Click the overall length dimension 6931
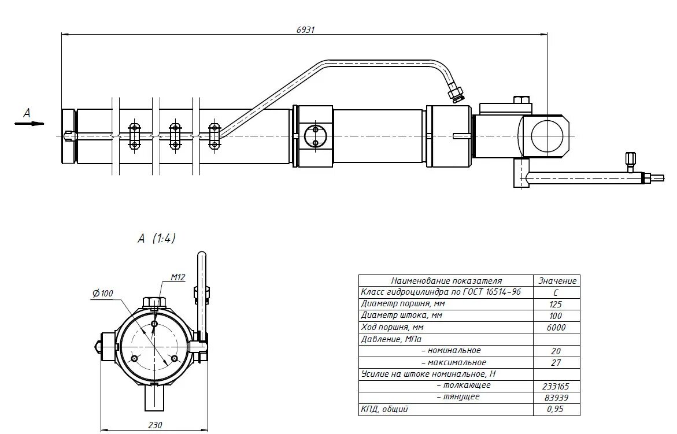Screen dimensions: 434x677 [306, 29]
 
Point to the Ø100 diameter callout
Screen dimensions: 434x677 [102, 294]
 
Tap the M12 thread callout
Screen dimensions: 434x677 [177, 278]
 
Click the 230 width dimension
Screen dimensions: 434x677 [155, 425]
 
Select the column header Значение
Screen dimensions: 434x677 [557, 280]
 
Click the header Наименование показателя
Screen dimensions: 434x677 [446, 280]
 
